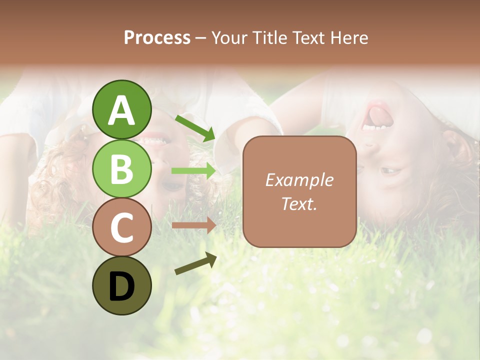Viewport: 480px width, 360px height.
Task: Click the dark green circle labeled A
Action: pyautogui.click(x=121, y=109)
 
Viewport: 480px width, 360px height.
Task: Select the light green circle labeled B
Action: pyautogui.click(x=121, y=169)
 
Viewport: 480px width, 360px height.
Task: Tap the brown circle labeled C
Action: pyautogui.click(x=121, y=227)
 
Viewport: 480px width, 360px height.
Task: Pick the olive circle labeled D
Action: pyautogui.click(x=121, y=285)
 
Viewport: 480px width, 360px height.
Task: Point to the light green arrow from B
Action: pyautogui.click(x=193, y=170)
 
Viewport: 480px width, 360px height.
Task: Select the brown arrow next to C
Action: pyautogui.click(x=193, y=225)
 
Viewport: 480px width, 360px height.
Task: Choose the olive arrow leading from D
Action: pyautogui.click(x=195, y=264)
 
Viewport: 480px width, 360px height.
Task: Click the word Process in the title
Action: pyautogui.click(x=157, y=38)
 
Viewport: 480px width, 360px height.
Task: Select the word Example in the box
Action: pyautogui.click(x=299, y=180)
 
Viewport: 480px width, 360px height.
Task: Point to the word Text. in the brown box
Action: pyautogui.click(x=299, y=203)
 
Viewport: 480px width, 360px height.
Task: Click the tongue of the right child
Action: pyautogui.click(x=380, y=114)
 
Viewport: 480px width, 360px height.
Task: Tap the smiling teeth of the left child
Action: pyautogui.click(x=155, y=140)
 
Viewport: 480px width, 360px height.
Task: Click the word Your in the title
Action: pyautogui.click(x=228, y=38)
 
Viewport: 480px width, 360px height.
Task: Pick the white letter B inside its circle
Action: pyautogui.click(x=121, y=169)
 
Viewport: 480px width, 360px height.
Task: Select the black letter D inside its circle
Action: pyautogui.click(x=121, y=286)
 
